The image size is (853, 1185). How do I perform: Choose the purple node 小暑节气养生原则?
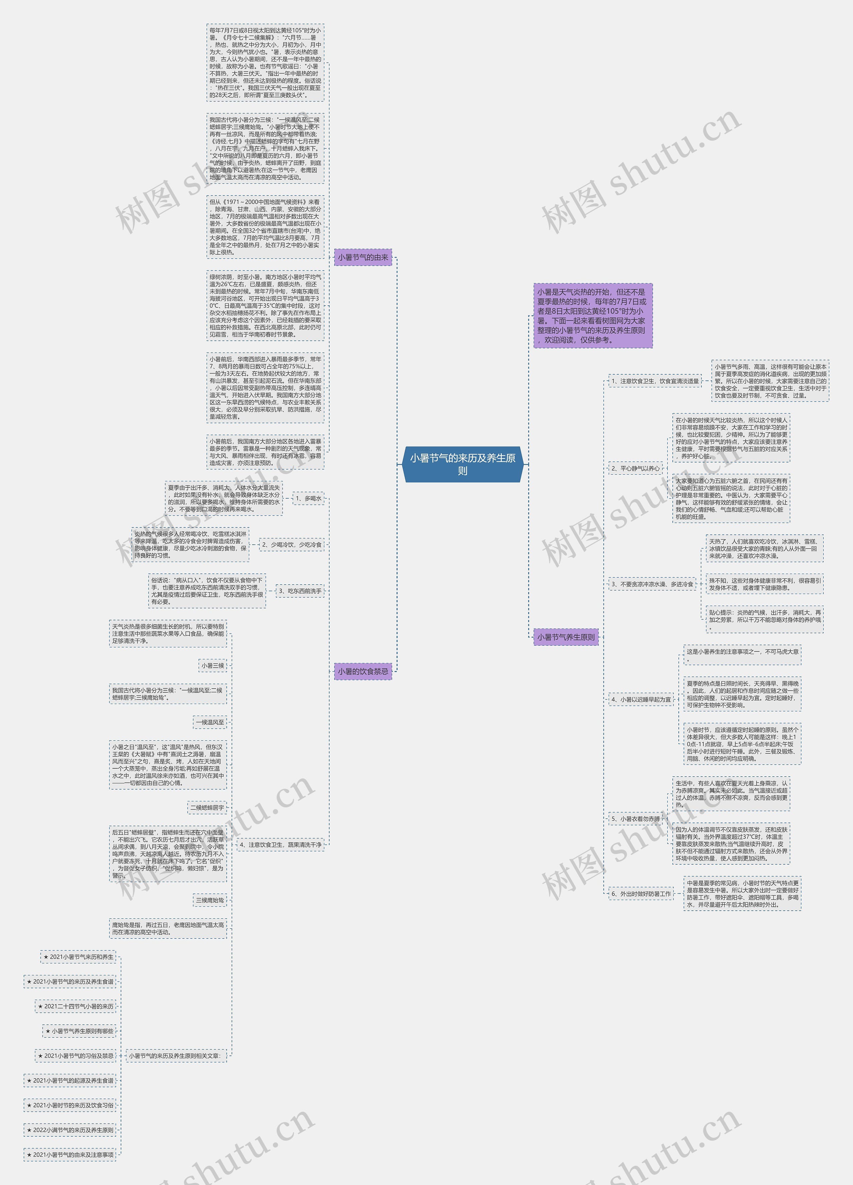(x=566, y=637)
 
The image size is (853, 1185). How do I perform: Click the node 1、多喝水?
(x=308, y=498)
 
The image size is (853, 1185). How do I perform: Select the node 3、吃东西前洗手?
(x=300, y=591)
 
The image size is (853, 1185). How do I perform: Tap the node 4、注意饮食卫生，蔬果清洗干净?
(x=281, y=844)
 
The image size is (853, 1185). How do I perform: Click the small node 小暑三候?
(x=213, y=666)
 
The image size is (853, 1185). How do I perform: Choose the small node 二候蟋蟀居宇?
(x=207, y=807)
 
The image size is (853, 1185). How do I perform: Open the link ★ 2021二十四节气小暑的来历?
(x=76, y=1006)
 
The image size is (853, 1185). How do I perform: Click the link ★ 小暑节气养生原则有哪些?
(x=79, y=1031)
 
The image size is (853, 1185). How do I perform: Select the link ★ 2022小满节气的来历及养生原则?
(x=70, y=1130)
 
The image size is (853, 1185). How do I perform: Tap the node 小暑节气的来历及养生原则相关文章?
(x=177, y=1055)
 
